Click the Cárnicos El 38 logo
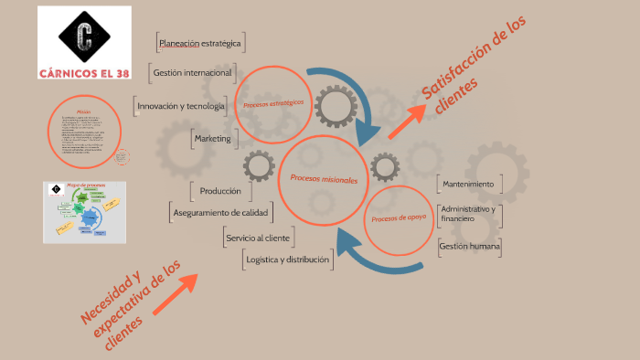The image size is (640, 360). point(85,42)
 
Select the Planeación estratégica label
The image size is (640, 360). point(199,43)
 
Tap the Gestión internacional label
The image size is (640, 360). point(193,72)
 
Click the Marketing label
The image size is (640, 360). point(213,138)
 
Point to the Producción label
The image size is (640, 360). point(219,191)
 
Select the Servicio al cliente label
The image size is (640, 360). point(257,238)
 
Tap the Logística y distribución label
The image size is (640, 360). point(287,259)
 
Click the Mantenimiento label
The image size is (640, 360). point(467,184)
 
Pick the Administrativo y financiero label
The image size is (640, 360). point(469,214)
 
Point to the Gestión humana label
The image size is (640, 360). point(469,246)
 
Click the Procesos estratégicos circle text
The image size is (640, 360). point(273,103)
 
